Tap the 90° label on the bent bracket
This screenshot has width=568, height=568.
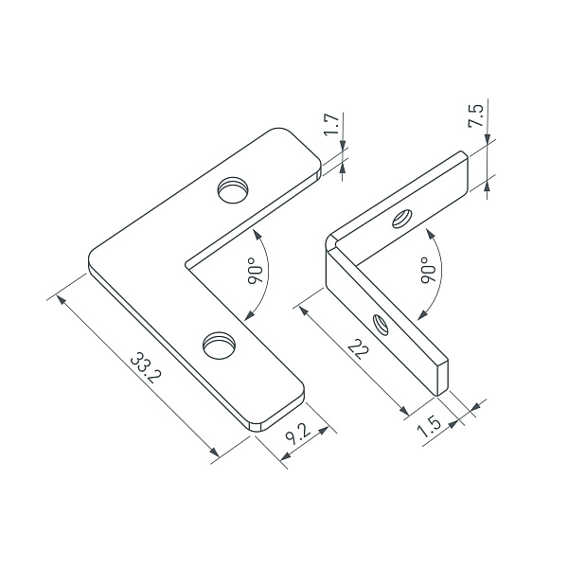(427, 272)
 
